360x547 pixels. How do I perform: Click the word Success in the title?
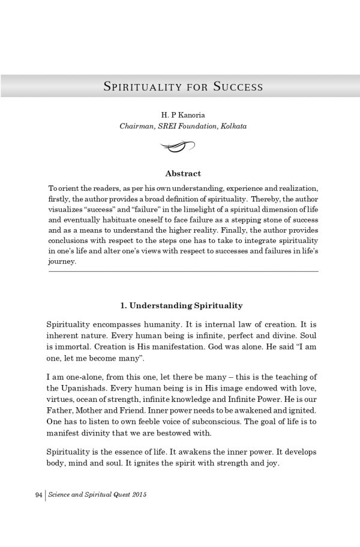pos(238,86)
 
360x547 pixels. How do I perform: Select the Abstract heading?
pos(183,173)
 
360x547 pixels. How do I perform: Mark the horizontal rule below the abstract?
pos(182,272)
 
